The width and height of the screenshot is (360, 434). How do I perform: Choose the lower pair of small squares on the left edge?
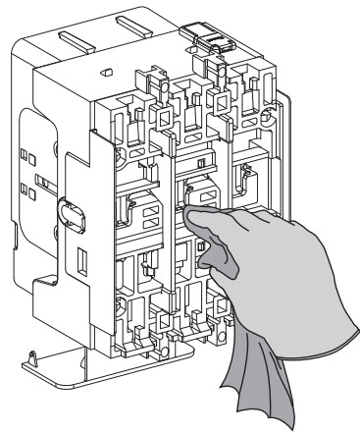point(33,190)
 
